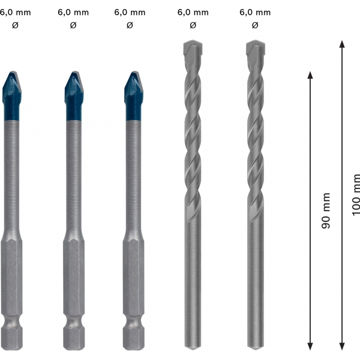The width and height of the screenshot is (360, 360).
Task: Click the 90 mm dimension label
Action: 326,211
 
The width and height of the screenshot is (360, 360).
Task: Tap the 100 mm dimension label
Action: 356,195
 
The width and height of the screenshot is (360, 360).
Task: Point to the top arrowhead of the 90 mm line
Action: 310,75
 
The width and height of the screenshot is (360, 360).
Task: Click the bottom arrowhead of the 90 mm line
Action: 310,346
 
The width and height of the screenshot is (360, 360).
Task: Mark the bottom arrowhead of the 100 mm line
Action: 342,346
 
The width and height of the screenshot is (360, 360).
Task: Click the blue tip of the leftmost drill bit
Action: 12,96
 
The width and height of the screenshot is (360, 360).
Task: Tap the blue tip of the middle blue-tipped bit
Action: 74,96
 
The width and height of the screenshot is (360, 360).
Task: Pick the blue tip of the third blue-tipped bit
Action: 134,96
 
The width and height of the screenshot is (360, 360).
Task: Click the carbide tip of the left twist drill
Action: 193,49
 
